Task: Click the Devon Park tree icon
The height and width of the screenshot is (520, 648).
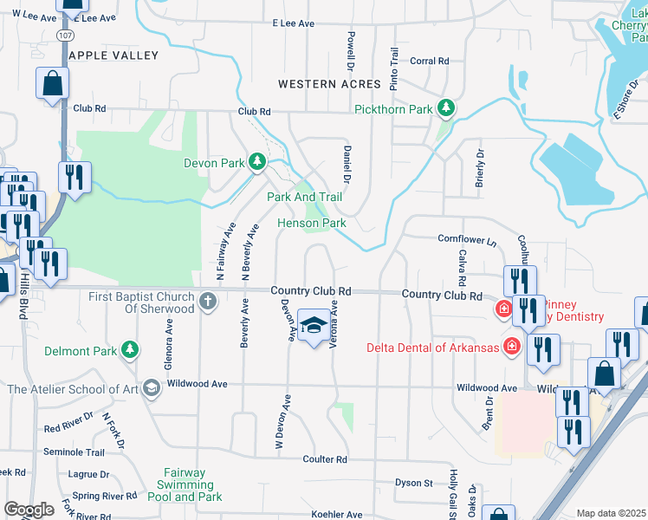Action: (257, 162)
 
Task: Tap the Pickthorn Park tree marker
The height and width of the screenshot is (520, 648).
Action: (446, 109)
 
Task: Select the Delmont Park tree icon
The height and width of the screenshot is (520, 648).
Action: (130, 350)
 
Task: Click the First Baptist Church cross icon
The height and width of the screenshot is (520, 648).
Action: (207, 301)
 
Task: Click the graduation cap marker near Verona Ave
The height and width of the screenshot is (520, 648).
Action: (314, 325)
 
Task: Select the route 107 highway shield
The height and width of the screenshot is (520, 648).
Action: (65, 34)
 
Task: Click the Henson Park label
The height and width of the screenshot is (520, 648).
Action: (312, 223)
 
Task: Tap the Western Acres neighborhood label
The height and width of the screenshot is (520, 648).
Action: (329, 84)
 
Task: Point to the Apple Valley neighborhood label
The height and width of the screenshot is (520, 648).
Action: (113, 55)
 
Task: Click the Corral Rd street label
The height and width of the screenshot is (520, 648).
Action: (430, 62)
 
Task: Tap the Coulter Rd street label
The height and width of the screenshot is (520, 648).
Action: (325, 458)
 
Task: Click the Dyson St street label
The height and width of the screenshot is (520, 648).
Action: (413, 483)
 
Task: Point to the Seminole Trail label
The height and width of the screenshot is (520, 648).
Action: (74, 452)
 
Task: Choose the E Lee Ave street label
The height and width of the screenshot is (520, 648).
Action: (293, 24)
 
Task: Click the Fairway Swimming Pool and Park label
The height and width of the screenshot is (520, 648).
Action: (185, 484)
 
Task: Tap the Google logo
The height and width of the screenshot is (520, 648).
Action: (29, 510)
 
